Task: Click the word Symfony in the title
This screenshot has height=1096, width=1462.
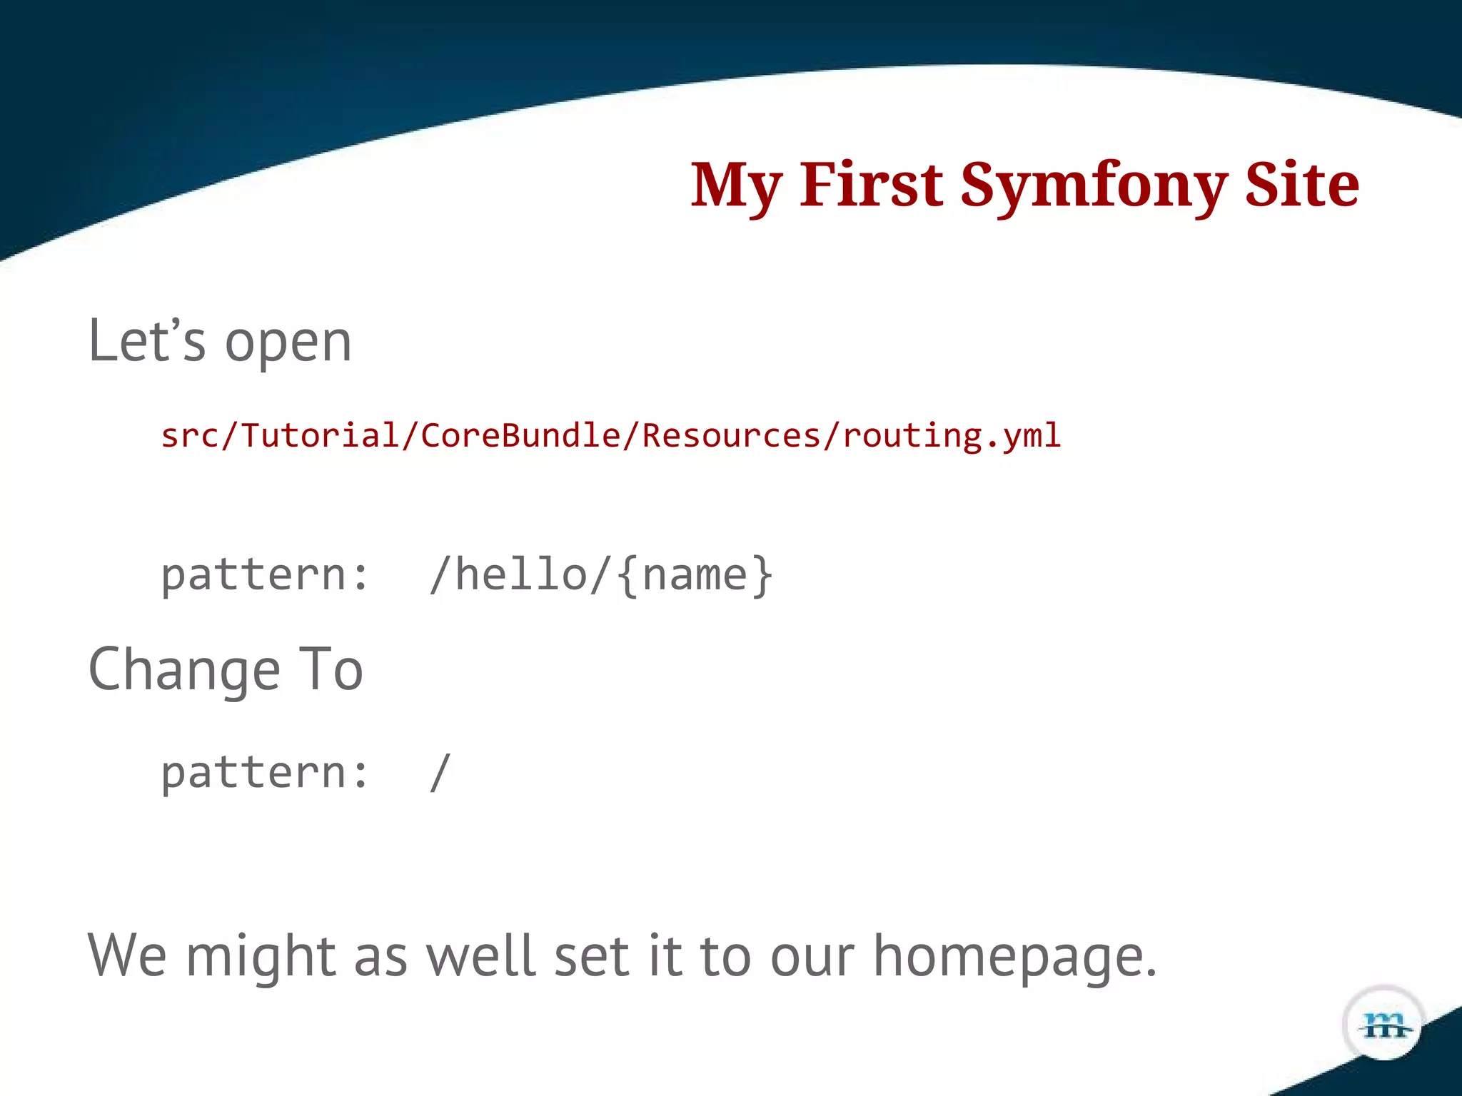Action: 1093,186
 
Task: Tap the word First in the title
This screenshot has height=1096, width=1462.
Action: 871,186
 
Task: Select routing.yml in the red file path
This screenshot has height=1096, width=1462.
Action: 952,436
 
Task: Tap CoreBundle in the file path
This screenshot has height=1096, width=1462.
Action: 520,436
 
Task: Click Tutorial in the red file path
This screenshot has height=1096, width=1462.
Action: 319,436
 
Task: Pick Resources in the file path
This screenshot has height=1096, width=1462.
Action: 731,436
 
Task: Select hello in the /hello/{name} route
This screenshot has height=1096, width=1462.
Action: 521,575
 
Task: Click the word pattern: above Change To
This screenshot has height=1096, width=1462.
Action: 265,575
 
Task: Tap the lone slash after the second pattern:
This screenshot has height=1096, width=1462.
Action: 440,773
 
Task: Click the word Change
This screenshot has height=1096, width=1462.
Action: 184,671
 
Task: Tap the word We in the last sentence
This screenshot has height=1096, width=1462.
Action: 127,956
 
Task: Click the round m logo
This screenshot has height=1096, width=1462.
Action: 1384,1025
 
